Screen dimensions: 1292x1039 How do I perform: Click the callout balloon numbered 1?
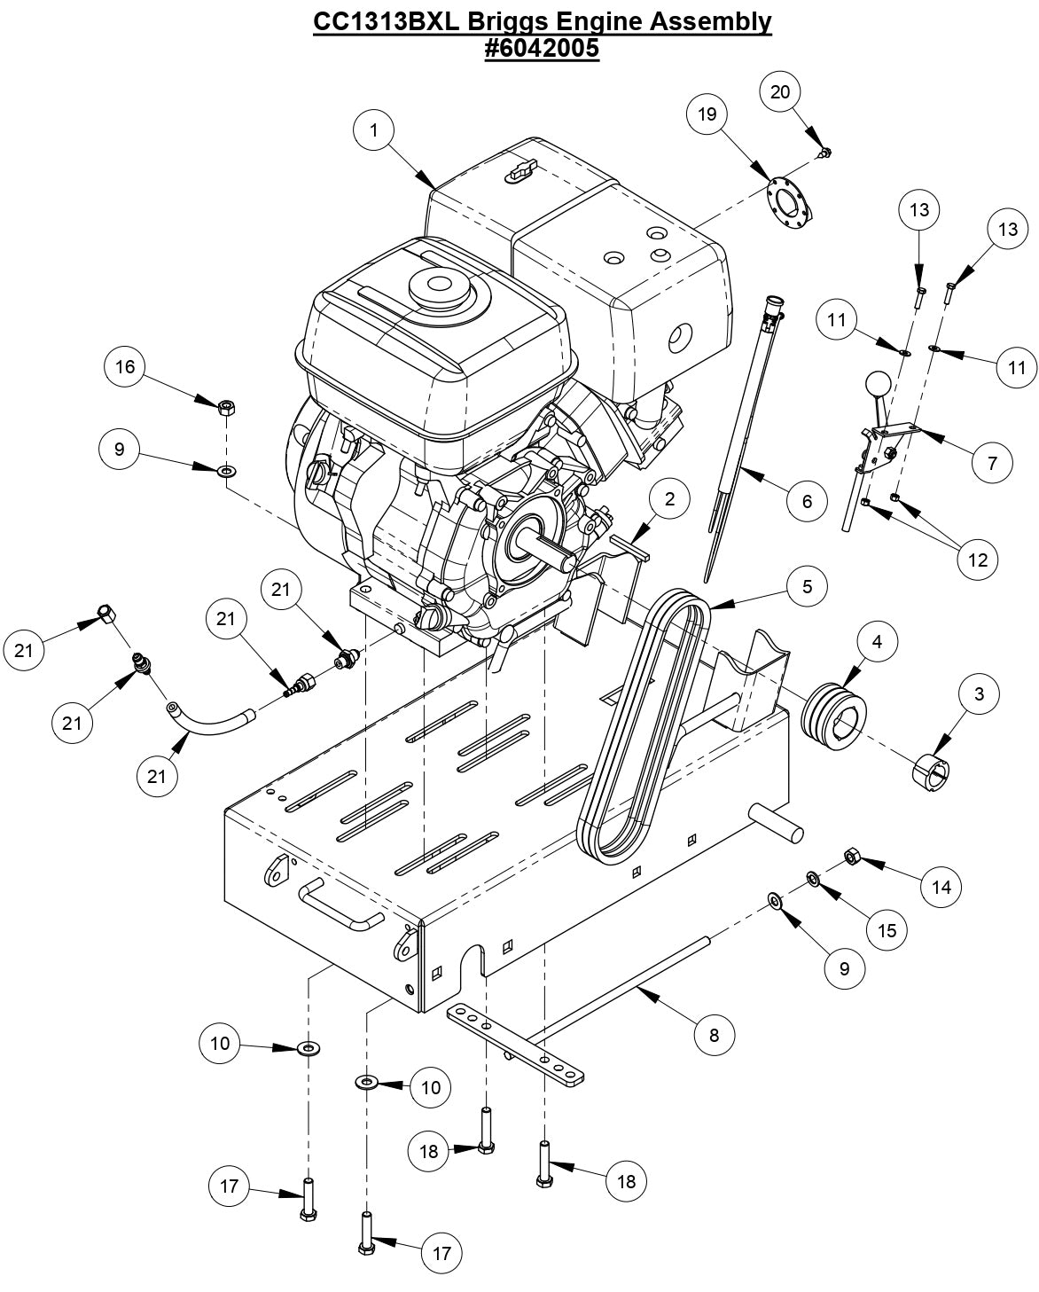(x=375, y=130)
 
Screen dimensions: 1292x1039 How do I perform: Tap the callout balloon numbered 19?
(x=707, y=114)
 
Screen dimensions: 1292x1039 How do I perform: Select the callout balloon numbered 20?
(x=780, y=91)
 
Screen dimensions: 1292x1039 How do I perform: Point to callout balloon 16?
(x=125, y=366)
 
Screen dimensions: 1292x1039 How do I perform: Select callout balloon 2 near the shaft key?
(x=670, y=499)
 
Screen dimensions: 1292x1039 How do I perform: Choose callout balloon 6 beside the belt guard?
(x=807, y=501)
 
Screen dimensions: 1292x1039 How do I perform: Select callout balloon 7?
(x=992, y=462)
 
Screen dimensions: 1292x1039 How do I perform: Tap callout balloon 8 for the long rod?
(x=715, y=1034)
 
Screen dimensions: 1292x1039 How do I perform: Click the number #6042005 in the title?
(x=542, y=49)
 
